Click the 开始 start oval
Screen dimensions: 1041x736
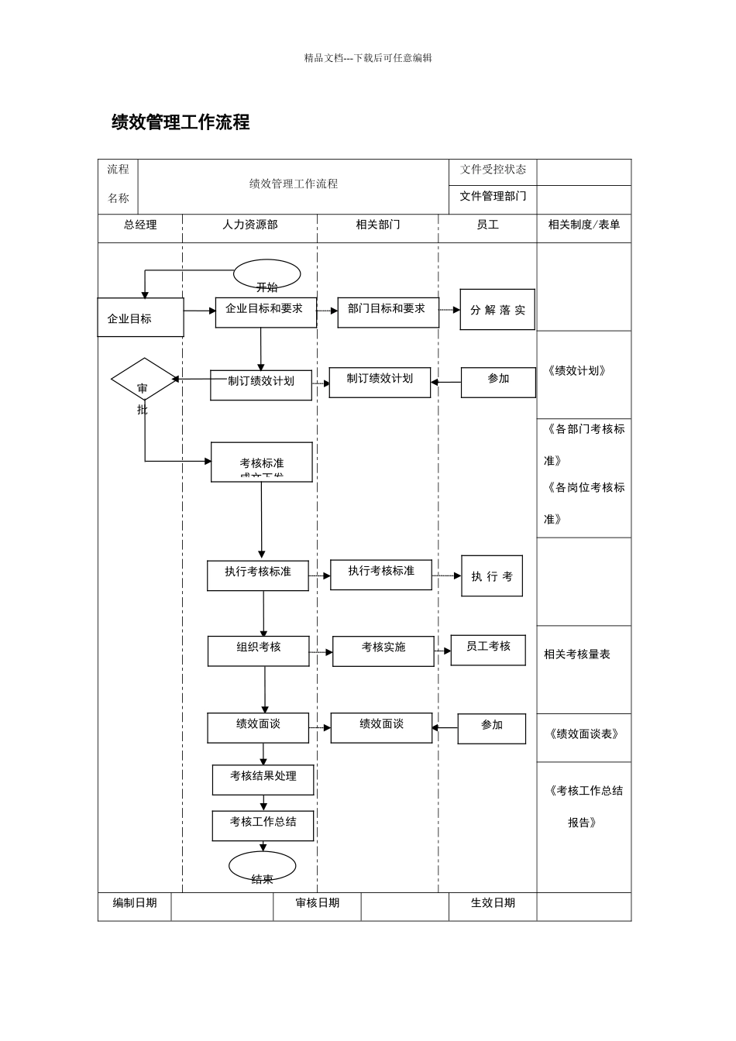tap(267, 274)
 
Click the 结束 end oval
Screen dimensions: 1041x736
tap(262, 866)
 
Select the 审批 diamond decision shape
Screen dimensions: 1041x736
tap(144, 380)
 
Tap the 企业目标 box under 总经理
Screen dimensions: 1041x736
tap(140, 318)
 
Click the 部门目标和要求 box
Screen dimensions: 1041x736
tap(387, 312)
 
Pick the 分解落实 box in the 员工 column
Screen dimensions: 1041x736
tap(497, 310)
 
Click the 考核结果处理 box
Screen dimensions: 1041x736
tap(263, 779)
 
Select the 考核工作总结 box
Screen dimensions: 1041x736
tap(263, 826)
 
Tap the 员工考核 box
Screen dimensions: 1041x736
tap(487, 650)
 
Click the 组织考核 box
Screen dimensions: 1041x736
tap(258, 651)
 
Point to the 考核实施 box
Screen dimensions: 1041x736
tap(383, 651)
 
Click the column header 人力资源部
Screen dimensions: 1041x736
tap(249, 225)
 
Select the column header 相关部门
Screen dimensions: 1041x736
tap(377, 225)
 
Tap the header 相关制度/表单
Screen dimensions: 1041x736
tap(583, 225)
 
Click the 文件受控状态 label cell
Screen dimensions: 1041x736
tap(493, 170)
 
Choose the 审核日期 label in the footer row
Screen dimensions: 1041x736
tap(317, 903)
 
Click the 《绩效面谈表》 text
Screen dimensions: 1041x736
tap(583, 734)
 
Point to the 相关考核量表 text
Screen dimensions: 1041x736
tap(576, 654)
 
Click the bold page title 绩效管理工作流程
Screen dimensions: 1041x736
tap(181, 122)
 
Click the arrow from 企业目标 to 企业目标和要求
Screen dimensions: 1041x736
tap(199, 311)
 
